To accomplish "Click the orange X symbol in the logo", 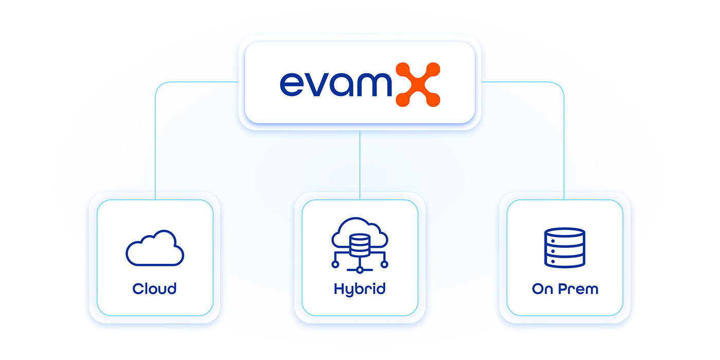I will click(x=418, y=84).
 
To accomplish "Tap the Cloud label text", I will click(x=154, y=289).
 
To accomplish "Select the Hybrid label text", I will click(x=359, y=289).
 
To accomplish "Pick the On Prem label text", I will click(x=565, y=289).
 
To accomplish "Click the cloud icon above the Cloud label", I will click(x=155, y=248).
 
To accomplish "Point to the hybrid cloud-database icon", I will click(x=359, y=244).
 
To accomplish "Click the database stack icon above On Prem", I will click(x=565, y=248).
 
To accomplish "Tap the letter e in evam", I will click(x=293, y=84).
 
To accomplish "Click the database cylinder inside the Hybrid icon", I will click(x=359, y=246).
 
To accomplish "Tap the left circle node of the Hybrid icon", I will click(x=335, y=264).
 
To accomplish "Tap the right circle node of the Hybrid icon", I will click(x=384, y=264).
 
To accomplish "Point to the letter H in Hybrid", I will click(x=338, y=289).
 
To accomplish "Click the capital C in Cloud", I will click(x=137, y=289).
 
